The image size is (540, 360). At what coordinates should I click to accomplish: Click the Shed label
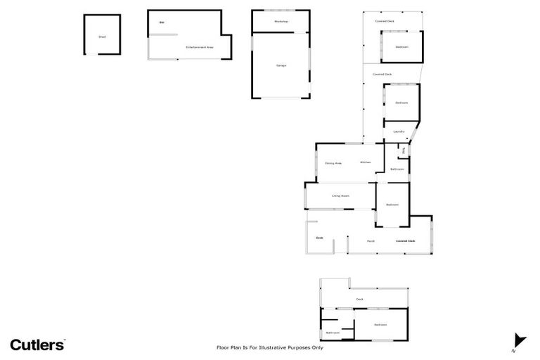102,36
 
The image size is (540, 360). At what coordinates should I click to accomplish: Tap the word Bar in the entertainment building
162,22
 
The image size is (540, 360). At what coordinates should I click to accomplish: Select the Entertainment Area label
200,47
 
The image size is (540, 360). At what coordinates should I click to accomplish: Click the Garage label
281,65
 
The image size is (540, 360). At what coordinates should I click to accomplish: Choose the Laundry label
398,131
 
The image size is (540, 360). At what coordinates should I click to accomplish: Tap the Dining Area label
333,163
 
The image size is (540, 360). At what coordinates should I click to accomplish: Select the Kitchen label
366,162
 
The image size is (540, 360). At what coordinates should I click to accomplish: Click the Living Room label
341,195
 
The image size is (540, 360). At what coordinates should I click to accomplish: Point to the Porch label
371,241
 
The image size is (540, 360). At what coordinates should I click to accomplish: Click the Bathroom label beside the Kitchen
397,169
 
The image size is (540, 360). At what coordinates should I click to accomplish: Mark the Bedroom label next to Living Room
392,205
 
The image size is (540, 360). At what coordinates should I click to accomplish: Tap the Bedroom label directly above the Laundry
401,103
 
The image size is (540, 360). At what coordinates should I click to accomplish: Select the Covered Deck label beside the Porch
405,241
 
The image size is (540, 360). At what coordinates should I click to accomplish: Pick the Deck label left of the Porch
319,238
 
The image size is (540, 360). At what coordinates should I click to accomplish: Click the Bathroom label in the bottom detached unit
333,332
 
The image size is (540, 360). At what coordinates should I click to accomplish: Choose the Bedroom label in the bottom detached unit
380,324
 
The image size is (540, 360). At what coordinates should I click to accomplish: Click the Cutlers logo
37,344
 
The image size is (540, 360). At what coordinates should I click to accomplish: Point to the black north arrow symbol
519,340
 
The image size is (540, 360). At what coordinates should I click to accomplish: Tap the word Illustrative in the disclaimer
279,347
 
